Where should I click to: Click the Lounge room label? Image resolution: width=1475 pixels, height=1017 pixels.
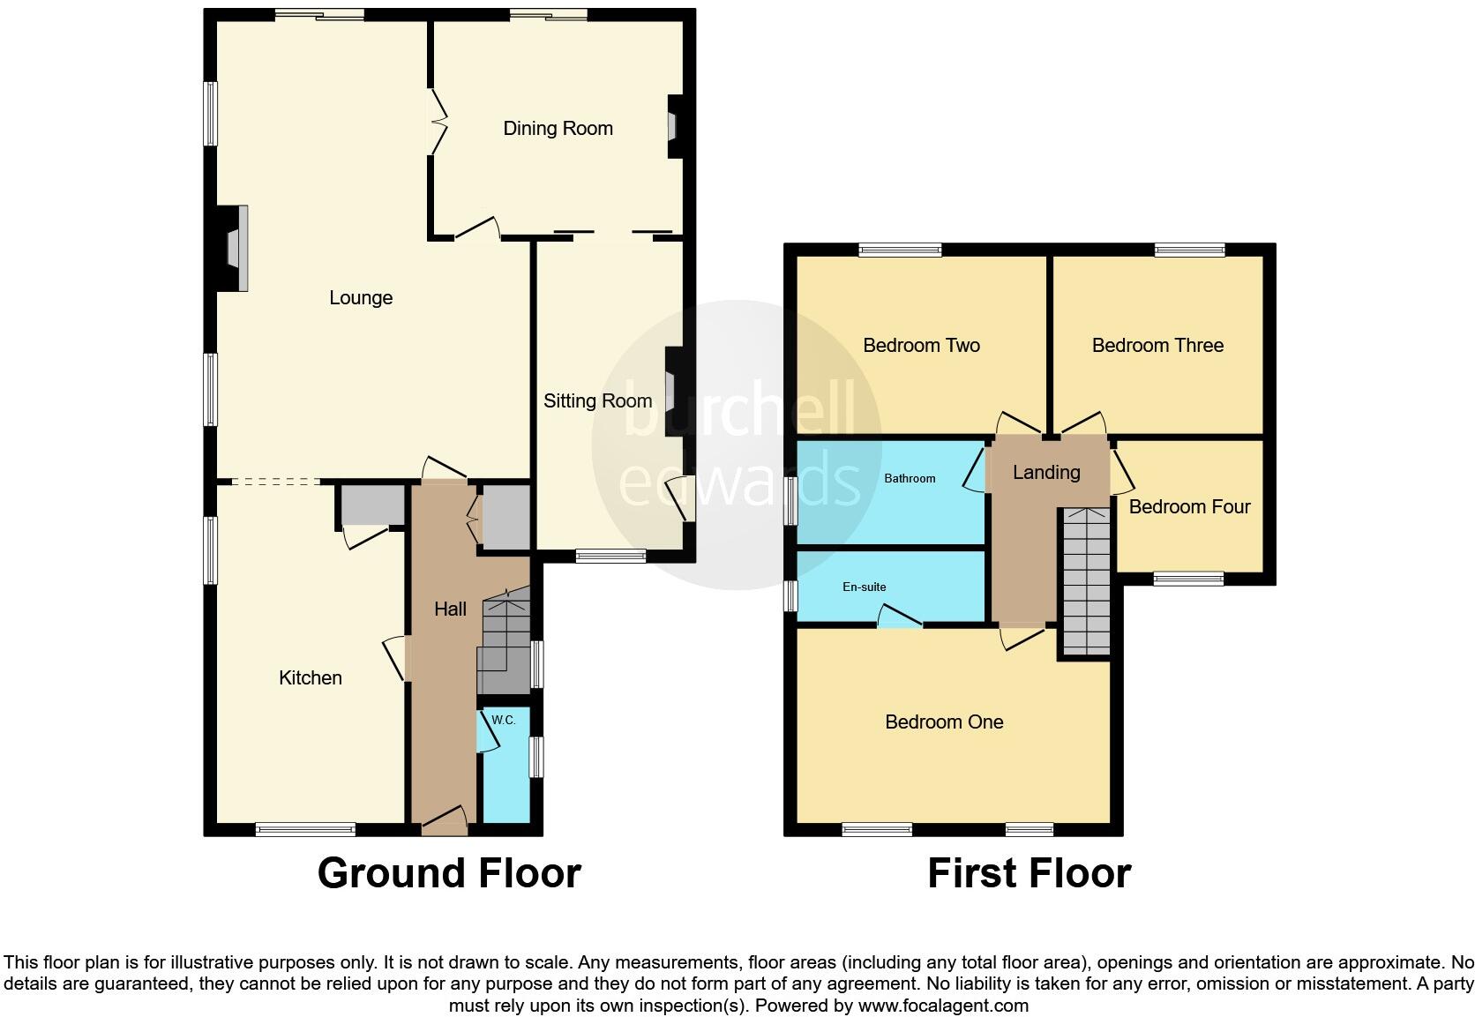point(360,298)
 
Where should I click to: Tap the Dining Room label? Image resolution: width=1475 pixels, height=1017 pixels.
point(558,129)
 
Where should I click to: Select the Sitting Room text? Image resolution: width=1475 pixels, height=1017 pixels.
point(597,401)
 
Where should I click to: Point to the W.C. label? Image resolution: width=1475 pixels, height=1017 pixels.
point(503,720)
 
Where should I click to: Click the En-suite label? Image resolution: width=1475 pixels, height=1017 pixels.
point(864,587)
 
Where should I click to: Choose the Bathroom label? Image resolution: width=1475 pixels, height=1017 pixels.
point(910,478)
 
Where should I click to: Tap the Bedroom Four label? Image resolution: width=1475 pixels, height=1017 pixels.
point(1189,507)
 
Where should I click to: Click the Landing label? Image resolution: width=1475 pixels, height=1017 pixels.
point(1046,473)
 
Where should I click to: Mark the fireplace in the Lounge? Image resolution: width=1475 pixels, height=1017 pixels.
point(234,248)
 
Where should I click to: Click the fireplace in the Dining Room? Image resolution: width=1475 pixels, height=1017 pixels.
point(674,126)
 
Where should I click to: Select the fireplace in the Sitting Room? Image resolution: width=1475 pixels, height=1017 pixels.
point(671,388)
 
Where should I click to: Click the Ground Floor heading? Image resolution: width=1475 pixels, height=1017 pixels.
point(449,873)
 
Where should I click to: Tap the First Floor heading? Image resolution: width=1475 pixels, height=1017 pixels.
point(1029,873)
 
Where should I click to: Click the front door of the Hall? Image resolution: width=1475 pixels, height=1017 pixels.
point(445,822)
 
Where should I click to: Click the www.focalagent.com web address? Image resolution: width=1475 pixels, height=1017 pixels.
point(942,1006)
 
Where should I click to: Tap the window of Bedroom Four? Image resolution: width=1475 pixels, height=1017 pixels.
point(1188,579)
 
